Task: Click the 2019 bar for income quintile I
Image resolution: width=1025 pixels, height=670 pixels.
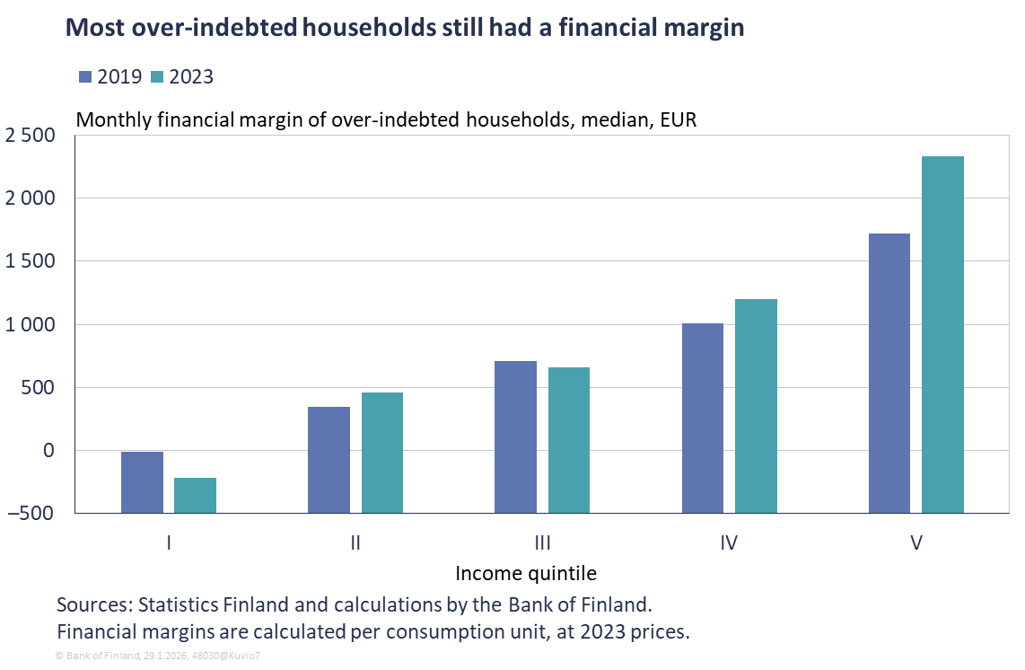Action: (x=142, y=481)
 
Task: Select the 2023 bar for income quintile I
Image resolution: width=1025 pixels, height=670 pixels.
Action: (x=195, y=495)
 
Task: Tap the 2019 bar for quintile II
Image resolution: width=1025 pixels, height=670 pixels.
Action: (x=329, y=459)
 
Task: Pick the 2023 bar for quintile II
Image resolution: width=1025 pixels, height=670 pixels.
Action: (x=381, y=452)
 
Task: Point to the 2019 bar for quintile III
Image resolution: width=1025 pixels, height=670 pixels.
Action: (x=515, y=436)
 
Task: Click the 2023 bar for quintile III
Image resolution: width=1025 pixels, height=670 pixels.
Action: (x=569, y=439)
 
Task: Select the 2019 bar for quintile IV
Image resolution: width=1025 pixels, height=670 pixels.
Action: (x=703, y=418)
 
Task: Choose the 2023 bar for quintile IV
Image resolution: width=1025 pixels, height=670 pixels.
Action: (x=756, y=405)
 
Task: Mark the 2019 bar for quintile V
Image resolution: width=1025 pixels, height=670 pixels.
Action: (x=889, y=373)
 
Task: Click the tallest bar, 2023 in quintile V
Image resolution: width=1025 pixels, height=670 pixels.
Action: (x=942, y=334)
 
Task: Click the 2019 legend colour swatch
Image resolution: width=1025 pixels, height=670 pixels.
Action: (x=86, y=76)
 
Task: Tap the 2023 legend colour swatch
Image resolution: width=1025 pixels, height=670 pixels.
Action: (x=157, y=76)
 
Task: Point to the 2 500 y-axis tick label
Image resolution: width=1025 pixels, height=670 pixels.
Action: (x=30, y=136)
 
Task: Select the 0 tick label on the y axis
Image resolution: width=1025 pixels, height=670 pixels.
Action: (x=49, y=451)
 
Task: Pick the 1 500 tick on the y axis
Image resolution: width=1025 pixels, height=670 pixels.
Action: (x=30, y=262)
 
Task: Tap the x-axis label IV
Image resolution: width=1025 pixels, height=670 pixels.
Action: (x=729, y=542)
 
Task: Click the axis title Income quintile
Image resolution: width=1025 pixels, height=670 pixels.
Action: (x=525, y=573)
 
